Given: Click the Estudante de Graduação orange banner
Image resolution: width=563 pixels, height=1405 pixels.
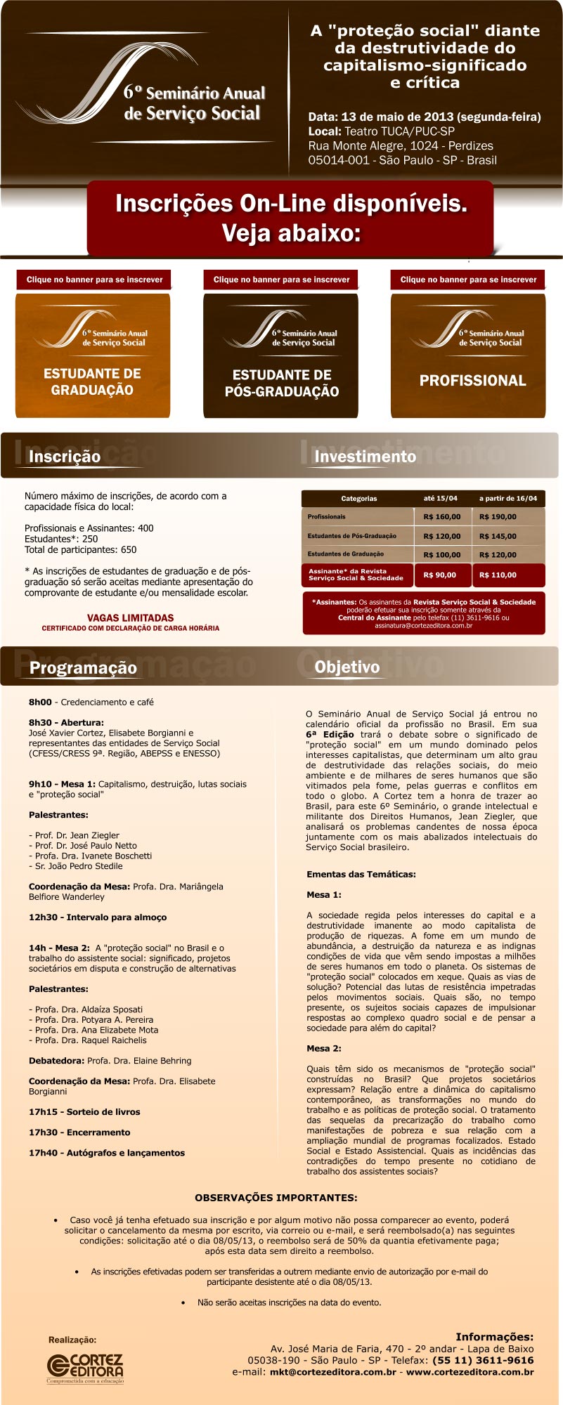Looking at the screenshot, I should (93, 355).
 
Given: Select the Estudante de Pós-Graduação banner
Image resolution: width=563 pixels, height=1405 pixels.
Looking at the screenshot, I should (280, 355).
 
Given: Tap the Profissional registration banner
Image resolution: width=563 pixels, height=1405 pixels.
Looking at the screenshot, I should (468, 355).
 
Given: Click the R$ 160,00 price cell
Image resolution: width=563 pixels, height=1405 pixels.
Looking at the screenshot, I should (442, 517).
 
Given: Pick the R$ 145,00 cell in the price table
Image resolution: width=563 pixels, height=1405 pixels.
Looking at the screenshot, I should (498, 536).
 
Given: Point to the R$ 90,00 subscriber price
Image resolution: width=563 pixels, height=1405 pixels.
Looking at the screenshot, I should (440, 575).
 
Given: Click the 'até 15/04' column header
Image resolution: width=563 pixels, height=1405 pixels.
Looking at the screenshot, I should (440, 498).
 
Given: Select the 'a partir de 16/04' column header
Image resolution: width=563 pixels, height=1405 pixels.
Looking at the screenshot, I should (507, 498).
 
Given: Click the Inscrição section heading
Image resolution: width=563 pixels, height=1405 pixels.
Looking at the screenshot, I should (65, 457).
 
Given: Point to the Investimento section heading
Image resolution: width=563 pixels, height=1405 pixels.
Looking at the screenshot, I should (365, 457).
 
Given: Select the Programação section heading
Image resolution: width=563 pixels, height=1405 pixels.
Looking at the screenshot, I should (83, 667).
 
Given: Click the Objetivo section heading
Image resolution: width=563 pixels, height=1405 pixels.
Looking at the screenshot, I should (347, 667).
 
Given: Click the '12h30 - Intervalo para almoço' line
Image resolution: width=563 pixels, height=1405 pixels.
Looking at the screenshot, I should (98, 917).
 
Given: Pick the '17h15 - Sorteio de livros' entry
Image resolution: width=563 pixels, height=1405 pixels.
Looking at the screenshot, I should (84, 1112).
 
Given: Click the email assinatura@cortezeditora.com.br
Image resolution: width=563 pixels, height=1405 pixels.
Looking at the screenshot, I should (423, 625).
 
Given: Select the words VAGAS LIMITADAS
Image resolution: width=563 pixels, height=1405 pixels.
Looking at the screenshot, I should (130, 618).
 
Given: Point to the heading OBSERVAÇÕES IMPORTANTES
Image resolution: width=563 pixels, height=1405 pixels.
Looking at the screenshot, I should (276, 1198).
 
